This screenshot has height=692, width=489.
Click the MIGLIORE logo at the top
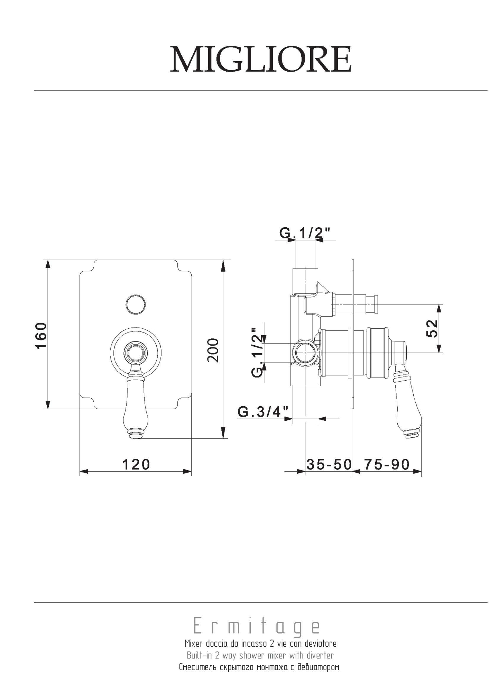tap(261, 59)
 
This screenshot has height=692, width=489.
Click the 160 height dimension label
tap(41, 335)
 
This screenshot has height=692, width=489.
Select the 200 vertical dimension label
tap(213, 350)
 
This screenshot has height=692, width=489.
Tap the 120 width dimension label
tap(136, 464)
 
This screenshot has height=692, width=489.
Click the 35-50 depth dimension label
tap(329, 464)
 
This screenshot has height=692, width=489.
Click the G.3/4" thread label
tap(263, 412)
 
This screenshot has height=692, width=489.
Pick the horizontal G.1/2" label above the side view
tap(305, 233)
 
